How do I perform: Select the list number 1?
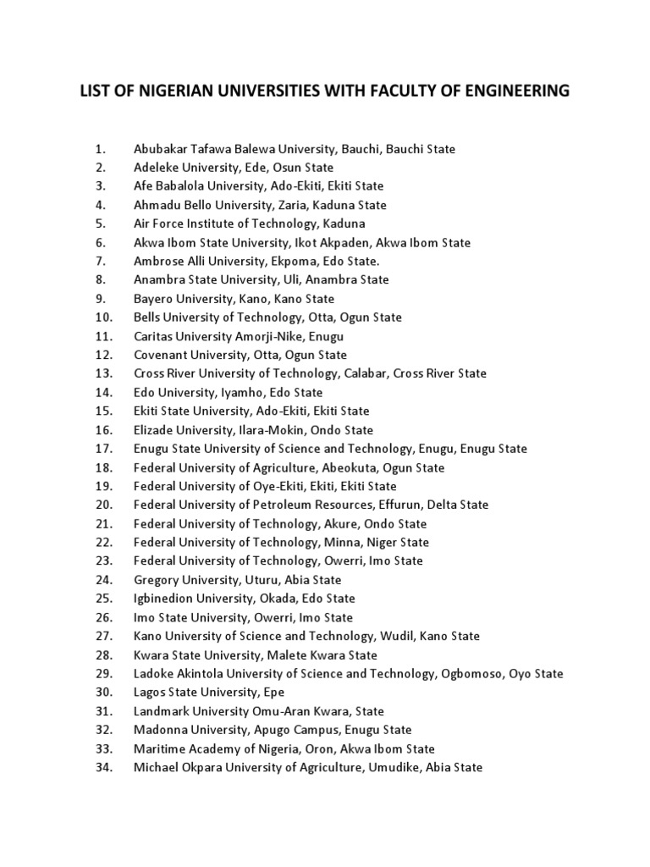tap(100, 149)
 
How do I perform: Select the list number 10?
tap(104, 318)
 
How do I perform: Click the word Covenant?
tap(159, 355)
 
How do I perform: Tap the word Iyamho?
tap(245, 393)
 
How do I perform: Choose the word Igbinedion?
tap(162, 599)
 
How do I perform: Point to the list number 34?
tap(104, 767)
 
